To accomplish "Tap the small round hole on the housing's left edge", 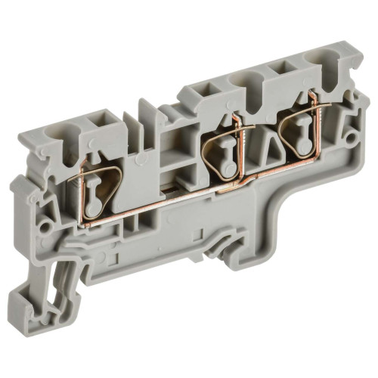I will [46, 225].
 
